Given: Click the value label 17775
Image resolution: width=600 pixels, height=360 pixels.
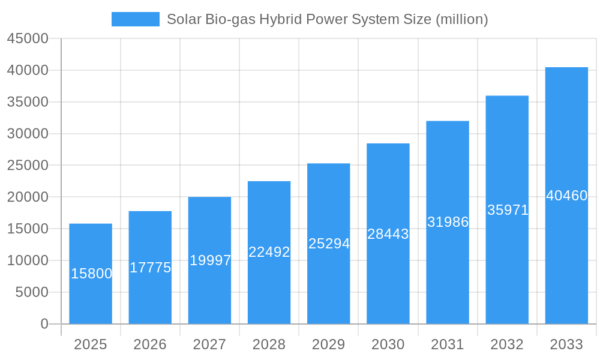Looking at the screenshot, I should click(x=150, y=268).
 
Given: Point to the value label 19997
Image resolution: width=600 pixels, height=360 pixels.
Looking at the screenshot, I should click(x=210, y=260).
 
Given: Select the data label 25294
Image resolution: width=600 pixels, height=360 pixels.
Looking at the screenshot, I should click(x=329, y=244).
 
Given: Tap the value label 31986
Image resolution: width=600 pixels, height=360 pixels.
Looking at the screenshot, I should click(x=448, y=222).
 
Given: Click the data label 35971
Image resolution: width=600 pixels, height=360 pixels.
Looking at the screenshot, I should click(x=508, y=210).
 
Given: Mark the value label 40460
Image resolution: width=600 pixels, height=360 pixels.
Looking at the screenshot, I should click(x=566, y=196).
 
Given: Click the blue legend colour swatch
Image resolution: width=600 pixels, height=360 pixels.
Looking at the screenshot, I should click(x=136, y=19).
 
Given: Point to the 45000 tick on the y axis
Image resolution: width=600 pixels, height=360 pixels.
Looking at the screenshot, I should click(x=27, y=38).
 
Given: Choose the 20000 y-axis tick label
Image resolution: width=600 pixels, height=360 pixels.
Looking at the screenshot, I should click(x=27, y=197).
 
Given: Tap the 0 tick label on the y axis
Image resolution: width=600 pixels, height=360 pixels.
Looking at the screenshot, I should click(x=44, y=324).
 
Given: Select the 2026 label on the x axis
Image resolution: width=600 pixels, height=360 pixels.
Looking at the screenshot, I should click(x=150, y=344).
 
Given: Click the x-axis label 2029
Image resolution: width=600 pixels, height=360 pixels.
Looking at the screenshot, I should click(x=329, y=344).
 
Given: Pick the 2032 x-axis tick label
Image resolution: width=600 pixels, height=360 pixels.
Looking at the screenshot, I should click(x=507, y=344).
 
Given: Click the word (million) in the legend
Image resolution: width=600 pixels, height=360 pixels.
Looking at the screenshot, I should click(x=461, y=19).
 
